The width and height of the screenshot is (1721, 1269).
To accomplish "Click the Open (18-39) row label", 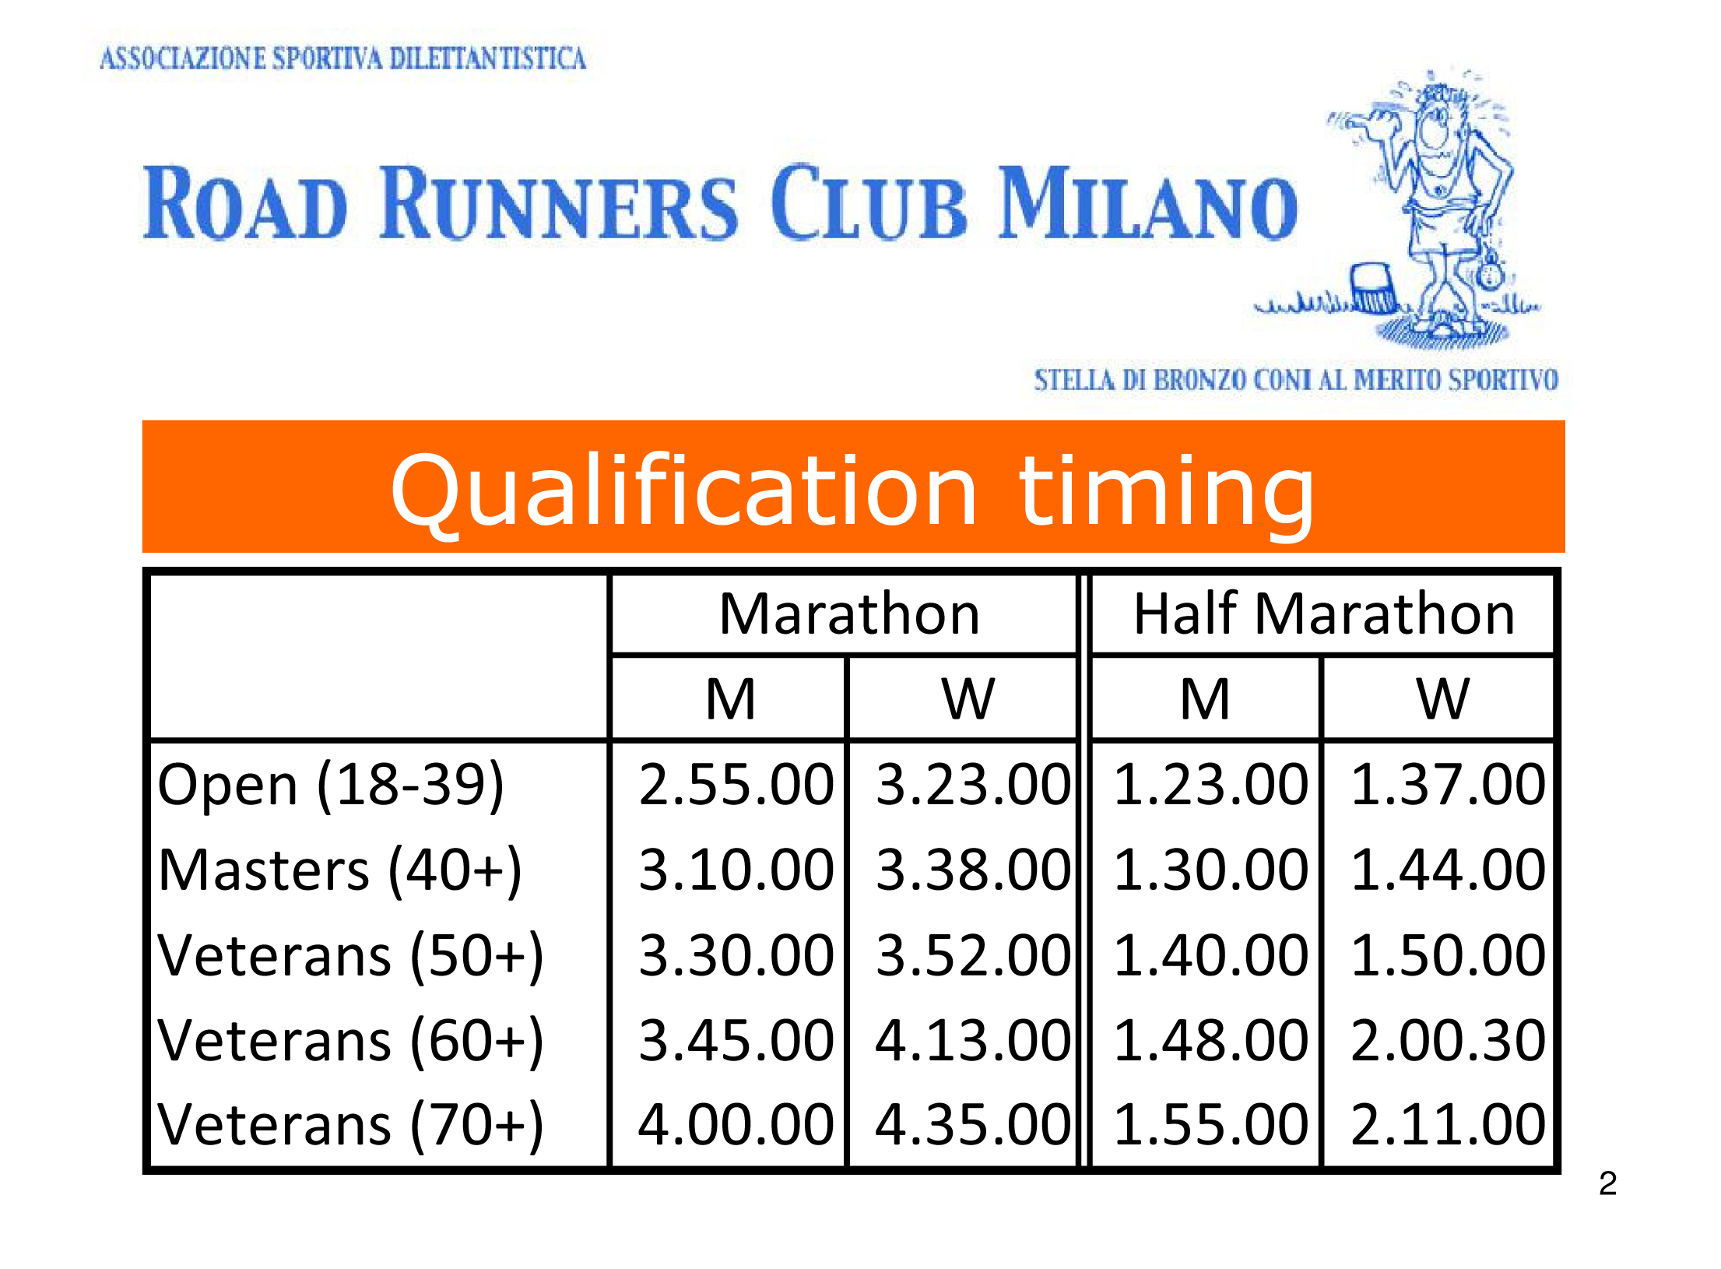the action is pyautogui.click(x=331, y=786).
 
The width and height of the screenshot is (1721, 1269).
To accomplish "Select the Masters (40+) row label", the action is pyautogui.click(x=339, y=871).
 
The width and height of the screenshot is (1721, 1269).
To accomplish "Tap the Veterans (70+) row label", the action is pyautogui.click(x=350, y=1127).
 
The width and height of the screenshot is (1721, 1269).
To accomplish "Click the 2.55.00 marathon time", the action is pyautogui.click(x=736, y=784).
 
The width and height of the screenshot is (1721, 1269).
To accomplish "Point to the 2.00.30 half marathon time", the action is pyautogui.click(x=1448, y=1041).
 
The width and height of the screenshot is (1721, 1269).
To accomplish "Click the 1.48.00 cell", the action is pyautogui.click(x=1211, y=1041).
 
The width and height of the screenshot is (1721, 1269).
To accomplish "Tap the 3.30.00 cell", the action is pyautogui.click(x=736, y=955).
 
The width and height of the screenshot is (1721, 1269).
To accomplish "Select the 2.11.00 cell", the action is pyautogui.click(x=1448, y=1125).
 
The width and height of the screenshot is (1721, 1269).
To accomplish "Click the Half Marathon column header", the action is pyautogui.click(x=1324, y=614).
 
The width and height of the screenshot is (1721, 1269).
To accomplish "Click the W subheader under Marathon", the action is pyautogui.click(x=968, y=699).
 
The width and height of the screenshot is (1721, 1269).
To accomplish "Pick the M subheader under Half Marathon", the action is pyautogui.click(x=1205, y=699).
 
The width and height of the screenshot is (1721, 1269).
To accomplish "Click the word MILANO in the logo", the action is pyautogui.click(x=1149, y=203).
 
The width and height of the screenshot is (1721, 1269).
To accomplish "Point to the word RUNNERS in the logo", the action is pyautogui.click(x=558, y=203).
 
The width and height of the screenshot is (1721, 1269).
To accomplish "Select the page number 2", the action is pyautogui.click(x=1608, y=1184).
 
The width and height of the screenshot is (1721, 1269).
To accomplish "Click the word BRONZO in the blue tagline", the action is pyautogui.click(x=1201, y=380).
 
